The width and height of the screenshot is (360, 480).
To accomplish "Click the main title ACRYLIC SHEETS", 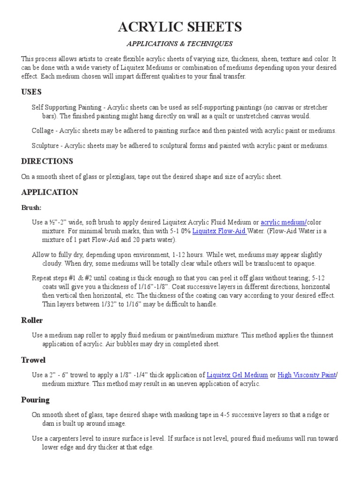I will click(180, 27).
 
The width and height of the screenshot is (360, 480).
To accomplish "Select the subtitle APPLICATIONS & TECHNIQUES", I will click(180, 44).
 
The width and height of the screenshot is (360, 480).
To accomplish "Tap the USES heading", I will click(31, 91).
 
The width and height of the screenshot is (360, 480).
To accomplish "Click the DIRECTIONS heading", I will click(47, 161).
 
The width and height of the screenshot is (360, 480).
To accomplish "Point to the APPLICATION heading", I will click(50, 192).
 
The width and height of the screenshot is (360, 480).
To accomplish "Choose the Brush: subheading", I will click(31, 207).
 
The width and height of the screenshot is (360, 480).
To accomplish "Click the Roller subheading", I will click(32, 320).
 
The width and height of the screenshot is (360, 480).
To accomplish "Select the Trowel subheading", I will click(33, 360).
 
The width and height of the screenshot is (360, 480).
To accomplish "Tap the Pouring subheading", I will click(35, 400).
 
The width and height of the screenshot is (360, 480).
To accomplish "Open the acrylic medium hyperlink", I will click(283, 222).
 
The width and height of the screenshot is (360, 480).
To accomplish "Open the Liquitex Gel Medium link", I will click(237, 375).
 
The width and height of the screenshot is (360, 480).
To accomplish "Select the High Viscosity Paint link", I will click(307, 375).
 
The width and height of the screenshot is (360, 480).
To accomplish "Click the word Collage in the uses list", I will click(43, 130).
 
